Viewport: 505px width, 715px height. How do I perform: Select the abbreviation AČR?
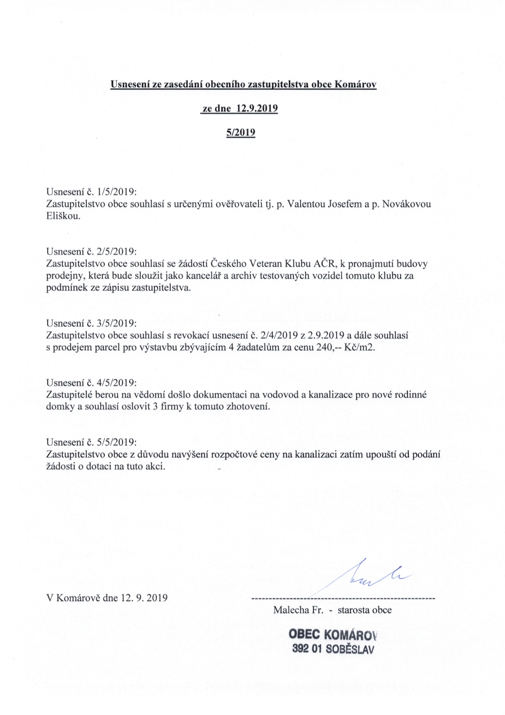(x=326, y=264)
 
